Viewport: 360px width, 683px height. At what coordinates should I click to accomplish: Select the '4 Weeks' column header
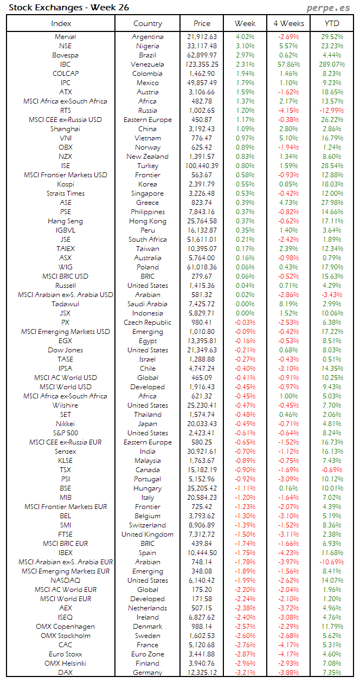pyautogui.click(x=288, y=23)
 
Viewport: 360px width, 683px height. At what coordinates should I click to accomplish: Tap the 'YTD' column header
pyautogui.click(x=332, y=23)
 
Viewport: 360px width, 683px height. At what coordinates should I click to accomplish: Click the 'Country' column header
pyautogui.click(x=147, y=23)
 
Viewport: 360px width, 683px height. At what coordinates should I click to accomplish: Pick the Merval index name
pyautogui.click(x=65, y=37)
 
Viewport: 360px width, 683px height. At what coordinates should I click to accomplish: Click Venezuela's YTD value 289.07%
pyautogui.click(x=332, y=65)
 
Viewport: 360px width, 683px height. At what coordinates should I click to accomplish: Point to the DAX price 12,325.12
pyautogui.click(x=201, y=673)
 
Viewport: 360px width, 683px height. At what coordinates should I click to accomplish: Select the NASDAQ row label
pyautogui.click(x=65, y=581)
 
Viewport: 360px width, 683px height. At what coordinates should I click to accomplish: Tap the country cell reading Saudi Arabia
pyautogui.click(x=147, y=304)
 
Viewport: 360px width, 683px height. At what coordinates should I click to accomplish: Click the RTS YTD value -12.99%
pyautogui.click(x=332, y=111)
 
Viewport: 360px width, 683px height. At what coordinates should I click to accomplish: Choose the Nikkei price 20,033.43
pyautogui.click(x=201, y=424)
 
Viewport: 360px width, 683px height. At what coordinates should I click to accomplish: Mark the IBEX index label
pyautogui.click(x=65, y=553)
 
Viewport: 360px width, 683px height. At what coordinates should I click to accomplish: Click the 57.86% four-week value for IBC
pyautogui.click(x=288, y=65)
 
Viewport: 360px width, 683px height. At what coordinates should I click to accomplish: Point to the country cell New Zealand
pyautogui.click(x=147, y=157)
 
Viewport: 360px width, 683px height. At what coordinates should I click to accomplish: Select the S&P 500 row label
pyautogui.click(x=65, y=433)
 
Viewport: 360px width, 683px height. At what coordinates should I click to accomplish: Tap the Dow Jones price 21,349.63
pyautogui.click(x=201, y=350)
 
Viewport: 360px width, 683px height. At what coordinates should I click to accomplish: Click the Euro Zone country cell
pyautogui.click(x=147, y=654)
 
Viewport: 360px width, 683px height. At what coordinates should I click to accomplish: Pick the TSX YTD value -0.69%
pyautogui.click(x=332, y=470)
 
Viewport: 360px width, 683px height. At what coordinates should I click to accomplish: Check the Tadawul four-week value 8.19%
pyautogui.click(x=288, y=304)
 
